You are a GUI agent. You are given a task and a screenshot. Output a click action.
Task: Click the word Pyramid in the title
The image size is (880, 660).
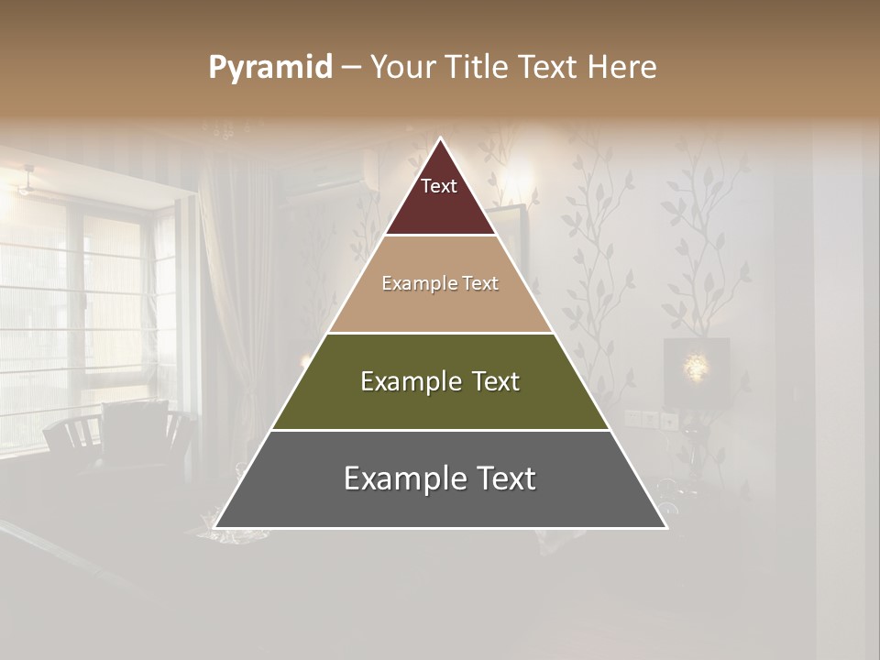coord(270,68)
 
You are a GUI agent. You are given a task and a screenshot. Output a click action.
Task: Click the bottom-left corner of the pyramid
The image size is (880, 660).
coord(216,527)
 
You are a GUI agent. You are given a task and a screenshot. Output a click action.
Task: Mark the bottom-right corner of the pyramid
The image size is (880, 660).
coord(665,527)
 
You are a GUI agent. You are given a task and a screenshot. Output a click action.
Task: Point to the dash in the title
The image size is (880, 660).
coord(350,68)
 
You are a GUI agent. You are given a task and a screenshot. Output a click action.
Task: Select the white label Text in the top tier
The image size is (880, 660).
coord(439,186)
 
